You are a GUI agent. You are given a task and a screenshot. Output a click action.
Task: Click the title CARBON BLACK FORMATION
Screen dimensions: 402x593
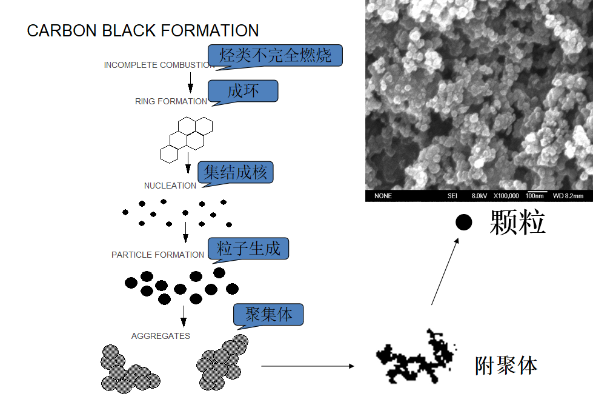tap(143, 31)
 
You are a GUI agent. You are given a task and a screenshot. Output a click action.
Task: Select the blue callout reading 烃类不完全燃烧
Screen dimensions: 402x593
tap(276, 56)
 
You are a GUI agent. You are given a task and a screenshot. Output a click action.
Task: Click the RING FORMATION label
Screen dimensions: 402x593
tap(171, 101)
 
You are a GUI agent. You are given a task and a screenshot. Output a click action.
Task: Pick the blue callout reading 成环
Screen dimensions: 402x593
tap(243, 91)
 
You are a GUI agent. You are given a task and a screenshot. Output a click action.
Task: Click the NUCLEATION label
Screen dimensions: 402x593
tap(170, 186)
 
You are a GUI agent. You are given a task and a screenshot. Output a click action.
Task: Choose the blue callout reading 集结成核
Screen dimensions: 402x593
tap(236, 172)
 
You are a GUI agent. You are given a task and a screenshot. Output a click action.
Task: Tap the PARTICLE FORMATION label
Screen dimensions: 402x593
tap(157, 255)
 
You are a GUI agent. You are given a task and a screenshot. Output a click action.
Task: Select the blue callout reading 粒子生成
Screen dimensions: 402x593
tap(249, 248)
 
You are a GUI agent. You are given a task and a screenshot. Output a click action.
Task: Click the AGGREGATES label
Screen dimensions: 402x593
tap(161, 336)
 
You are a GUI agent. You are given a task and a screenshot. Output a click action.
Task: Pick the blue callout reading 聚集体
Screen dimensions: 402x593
tap(269, 315)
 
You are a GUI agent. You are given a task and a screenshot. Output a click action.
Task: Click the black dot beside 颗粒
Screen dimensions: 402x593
tap(463, 223)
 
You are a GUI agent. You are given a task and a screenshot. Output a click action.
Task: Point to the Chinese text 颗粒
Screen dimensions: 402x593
tap(517, 223)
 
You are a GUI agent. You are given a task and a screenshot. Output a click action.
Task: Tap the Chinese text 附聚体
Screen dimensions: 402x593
tap(506, 366)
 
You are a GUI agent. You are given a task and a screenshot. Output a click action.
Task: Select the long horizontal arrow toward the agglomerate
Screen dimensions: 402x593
tap(307, 366)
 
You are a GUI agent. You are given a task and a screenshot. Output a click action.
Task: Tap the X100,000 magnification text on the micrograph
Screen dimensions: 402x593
tap(506, 196)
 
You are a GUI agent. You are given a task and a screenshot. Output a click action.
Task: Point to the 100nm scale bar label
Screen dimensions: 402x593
tap(535, 196)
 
